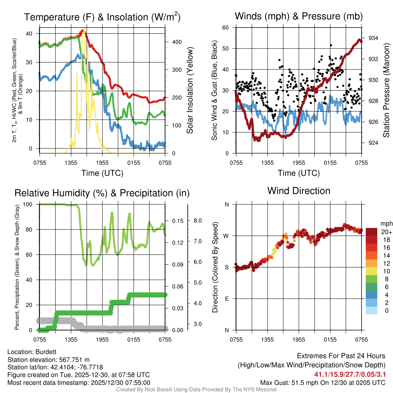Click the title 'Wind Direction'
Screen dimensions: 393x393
[299, 191]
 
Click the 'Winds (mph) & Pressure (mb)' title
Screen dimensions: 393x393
[299, 16]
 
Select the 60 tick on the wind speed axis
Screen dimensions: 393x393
[226, 28]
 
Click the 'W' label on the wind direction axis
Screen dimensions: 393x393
[226, 236]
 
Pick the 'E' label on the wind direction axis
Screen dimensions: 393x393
[226, 299]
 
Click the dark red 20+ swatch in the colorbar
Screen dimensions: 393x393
[372, 232]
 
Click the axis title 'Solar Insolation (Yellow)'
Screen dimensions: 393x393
[190, 91]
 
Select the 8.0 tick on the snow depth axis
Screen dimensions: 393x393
[198, 221]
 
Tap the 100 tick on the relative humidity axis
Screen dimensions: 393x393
[31, 205]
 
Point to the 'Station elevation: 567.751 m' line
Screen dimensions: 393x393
[48, 360]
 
